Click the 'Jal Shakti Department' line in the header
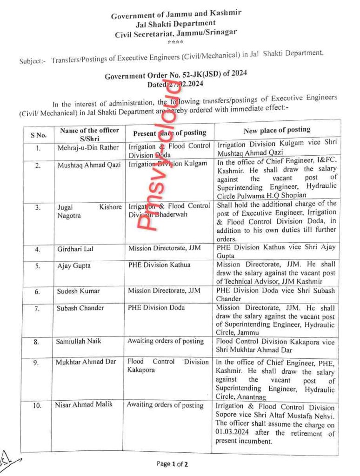(175, 24)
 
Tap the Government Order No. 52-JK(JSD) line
(175, 76)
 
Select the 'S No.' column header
(39, 135)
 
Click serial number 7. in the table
(38, 308)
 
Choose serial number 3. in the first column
(38, 208)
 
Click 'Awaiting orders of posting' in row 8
(166, 341)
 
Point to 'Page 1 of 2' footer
(173, 463)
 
